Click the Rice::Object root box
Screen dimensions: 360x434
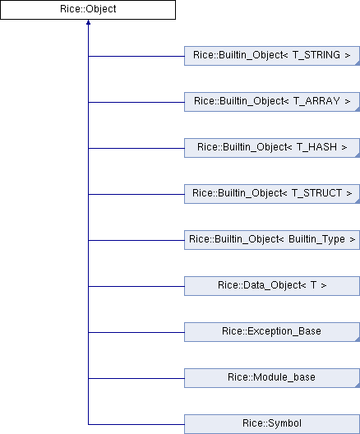(88, 10)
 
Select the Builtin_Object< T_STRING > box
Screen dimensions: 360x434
(272, 56)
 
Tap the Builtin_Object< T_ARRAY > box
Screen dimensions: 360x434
(272, 102)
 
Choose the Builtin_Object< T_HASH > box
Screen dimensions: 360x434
(272, 148)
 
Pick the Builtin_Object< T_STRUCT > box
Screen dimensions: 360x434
(272, 194)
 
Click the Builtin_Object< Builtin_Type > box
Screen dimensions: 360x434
(272, 240)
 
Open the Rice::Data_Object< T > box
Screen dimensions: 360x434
(272, 286)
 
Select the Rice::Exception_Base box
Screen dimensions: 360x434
(272, 332)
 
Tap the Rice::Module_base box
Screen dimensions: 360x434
(272, 378)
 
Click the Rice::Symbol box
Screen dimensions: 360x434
(272, 424)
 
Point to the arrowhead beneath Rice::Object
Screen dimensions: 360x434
(88, 22)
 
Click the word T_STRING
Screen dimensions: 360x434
(316, 55)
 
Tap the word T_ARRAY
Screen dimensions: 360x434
(316, 101)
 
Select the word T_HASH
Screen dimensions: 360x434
(316, 147)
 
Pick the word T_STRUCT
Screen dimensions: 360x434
(316, 193)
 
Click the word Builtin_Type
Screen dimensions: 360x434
(316, 239)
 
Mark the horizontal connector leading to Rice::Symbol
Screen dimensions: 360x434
(136, 424)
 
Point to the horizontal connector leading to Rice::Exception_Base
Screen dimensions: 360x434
(136, 332)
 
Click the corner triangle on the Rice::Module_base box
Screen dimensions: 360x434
(358, 385)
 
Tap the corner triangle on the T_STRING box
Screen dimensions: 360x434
(358, 62)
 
